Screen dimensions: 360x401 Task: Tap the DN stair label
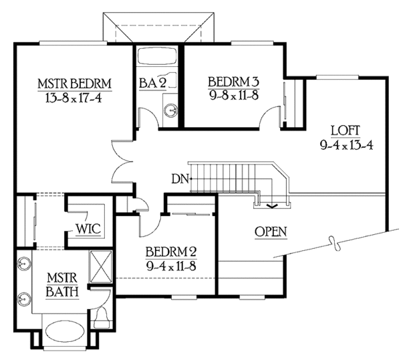coord(179,178)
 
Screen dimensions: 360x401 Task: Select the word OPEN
coord(271,232)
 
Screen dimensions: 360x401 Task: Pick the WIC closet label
coord(88,229)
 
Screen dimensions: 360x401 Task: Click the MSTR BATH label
coord(63,284)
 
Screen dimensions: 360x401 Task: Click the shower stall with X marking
coord(101,266)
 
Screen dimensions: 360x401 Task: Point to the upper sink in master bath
coord(25,263)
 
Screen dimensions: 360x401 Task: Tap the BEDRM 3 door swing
coord(269,120)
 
